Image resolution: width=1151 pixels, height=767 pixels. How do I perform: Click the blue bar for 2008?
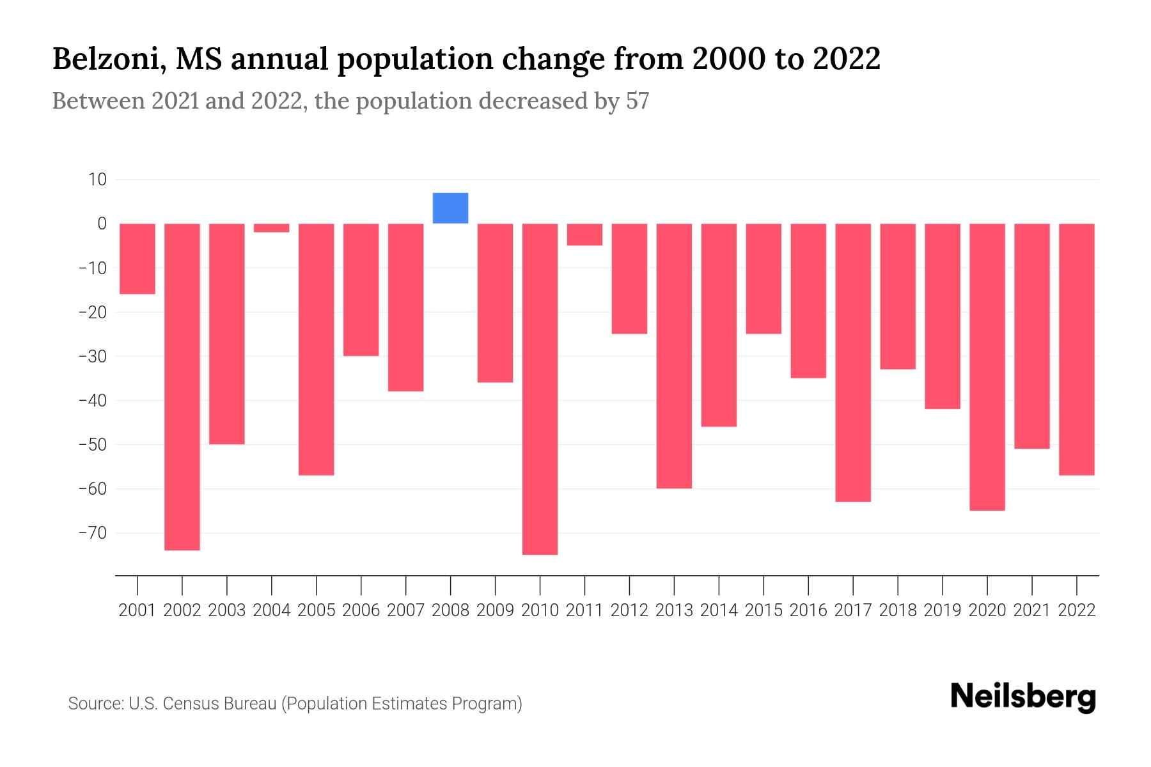[x=450, y=208]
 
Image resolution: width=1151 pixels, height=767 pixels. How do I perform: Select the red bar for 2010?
[x=540, y=389]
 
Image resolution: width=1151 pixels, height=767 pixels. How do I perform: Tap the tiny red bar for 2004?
[x=271, y=228]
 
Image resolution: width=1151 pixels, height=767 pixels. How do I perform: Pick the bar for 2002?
[x=182, y=387]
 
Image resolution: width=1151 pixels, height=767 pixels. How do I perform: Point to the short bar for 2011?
[x=584, y=235]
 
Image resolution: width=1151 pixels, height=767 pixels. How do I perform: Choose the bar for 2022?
[x=1077, y=349]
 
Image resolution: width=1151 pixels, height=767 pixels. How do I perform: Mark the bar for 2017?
[x=853, y=362]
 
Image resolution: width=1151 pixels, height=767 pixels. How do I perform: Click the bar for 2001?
[x=137, y=259]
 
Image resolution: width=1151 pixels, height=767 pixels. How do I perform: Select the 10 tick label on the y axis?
[x=97, y=180]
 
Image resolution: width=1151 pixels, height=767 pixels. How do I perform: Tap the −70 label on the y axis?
[x=92, y=533]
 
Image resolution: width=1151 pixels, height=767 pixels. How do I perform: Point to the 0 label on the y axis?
[x=102, y=224]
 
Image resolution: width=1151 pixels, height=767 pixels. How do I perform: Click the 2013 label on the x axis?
[x=674, y=610]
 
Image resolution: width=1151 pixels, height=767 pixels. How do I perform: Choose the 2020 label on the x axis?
[x=987, y=610]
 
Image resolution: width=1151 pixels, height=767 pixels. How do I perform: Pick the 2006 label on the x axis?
[x=361, y=610]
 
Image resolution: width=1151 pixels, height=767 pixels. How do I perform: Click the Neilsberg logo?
[x=1023, y=697]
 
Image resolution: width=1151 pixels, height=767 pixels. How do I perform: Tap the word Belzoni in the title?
[x=105, y=59]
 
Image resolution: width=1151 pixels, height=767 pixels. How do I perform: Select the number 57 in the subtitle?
[x=637, y=101]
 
